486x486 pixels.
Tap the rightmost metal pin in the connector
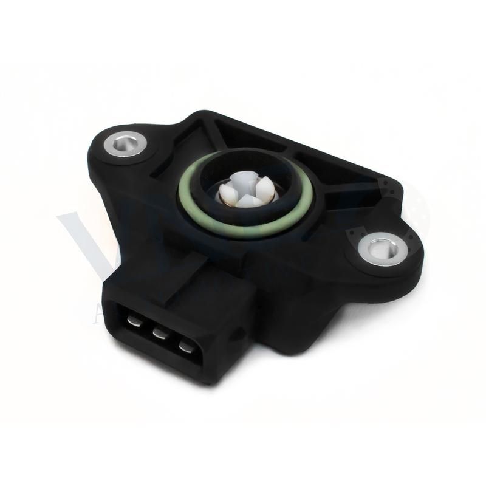pos(186,348)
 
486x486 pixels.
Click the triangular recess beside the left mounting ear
pos(159,165)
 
